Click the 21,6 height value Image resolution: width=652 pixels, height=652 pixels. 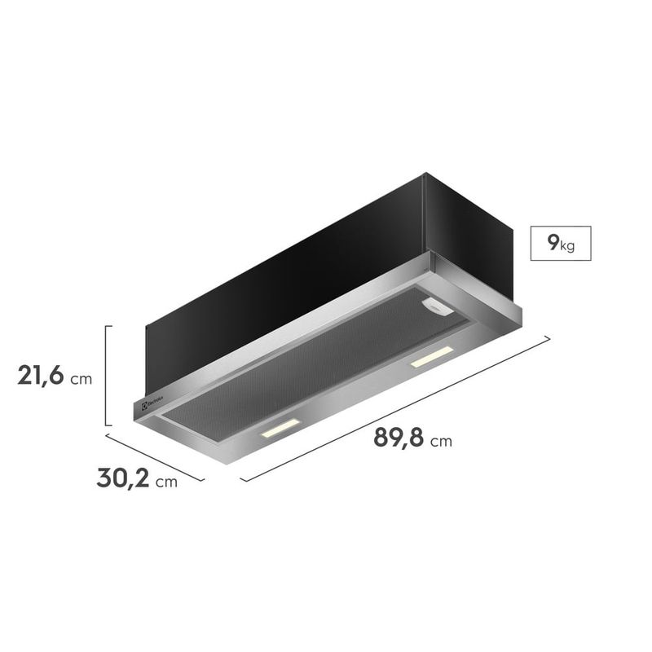click(x=41, y=376)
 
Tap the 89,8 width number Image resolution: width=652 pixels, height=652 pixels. click(x=399, y=438)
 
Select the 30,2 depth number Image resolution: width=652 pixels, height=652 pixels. click(x=123, y=478)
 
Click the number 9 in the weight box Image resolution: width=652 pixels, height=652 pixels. click(x=553, y=242)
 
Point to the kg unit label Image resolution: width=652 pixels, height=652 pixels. click(x=567, y=246)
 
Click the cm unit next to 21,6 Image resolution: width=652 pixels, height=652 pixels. click(x=81, y=379)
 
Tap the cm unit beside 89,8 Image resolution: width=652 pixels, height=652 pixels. click(x=441, y=441)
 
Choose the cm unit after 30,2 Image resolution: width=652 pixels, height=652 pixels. click(x=166, y=482)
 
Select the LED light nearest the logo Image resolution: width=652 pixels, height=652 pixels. click(x=280, y=429)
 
